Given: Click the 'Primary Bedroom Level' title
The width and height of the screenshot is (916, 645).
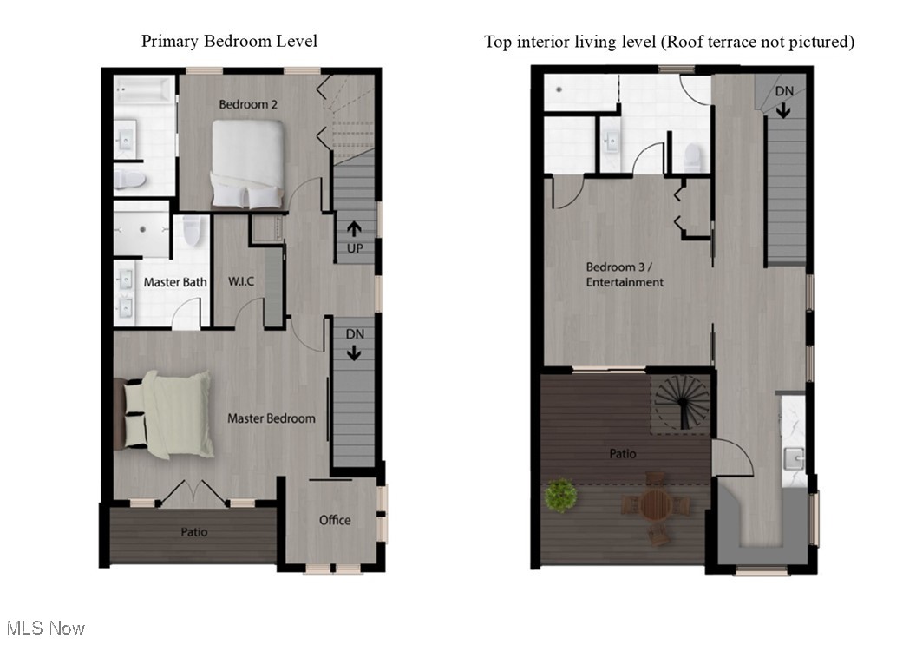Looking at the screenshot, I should pos(229,41).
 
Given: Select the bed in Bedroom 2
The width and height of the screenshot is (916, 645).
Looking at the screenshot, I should pos(248,164).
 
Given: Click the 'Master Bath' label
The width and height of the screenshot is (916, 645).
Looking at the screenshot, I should pos(175,282).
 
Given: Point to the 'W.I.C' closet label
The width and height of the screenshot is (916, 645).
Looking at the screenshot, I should pos(239,282).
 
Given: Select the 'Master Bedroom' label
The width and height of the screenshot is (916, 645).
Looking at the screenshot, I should pos(271,418).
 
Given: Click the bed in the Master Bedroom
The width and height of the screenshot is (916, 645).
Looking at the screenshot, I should pos(167,415).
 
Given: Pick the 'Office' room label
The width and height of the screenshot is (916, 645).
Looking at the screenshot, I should pos(335,520).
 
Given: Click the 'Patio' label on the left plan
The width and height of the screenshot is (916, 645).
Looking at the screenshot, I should pos(193,531).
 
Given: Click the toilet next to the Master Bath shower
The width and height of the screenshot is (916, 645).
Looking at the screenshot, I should pos(192,232).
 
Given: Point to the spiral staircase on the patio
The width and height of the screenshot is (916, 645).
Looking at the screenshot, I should pos(682,401).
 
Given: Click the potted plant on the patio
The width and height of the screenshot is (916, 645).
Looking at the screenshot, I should pos(561,496).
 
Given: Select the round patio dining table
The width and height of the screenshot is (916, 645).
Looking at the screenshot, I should pos(658,504).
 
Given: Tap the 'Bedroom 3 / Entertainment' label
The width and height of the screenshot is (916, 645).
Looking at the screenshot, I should pos(625,274).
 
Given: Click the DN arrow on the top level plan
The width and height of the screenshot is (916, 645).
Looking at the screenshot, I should pos(783,102).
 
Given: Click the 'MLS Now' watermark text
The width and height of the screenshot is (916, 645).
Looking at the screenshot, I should pos(45,627).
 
